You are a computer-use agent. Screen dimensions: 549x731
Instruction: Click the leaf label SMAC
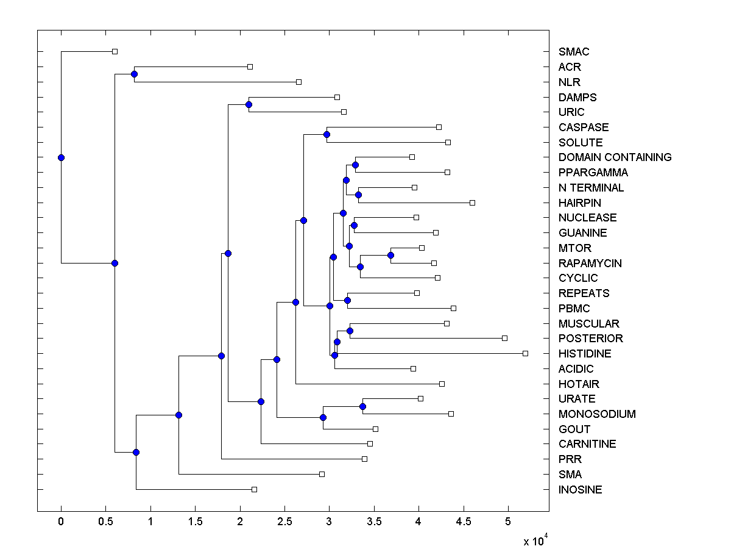coord(574,52)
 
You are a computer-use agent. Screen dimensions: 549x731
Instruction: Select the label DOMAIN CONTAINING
coord(615,157)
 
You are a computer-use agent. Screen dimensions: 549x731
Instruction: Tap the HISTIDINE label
coord(585,354)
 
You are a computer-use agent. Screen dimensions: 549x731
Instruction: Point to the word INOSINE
coord(580,490)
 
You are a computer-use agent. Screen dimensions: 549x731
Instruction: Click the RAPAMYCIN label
coord(590,264)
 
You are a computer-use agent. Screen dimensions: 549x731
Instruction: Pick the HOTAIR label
coord(579,384)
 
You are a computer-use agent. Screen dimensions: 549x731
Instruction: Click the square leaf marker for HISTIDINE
coord(526,353)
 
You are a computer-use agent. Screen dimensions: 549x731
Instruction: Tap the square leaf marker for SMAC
coord(115,52)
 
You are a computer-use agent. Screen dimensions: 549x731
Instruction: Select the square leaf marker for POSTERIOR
coord(504,338)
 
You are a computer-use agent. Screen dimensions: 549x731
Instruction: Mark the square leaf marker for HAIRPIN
coord(472,203)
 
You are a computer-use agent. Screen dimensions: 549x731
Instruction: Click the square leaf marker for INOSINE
coord(255,489)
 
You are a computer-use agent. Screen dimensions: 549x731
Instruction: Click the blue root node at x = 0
coord(61,157)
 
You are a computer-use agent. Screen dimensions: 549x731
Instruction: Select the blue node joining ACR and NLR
coord(134,74)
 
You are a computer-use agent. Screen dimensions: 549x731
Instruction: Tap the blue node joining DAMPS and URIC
coord(249,104)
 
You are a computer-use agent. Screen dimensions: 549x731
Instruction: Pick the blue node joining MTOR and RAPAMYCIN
coord(391,255)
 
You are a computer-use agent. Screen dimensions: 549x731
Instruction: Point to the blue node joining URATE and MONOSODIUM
coord(362,406)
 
